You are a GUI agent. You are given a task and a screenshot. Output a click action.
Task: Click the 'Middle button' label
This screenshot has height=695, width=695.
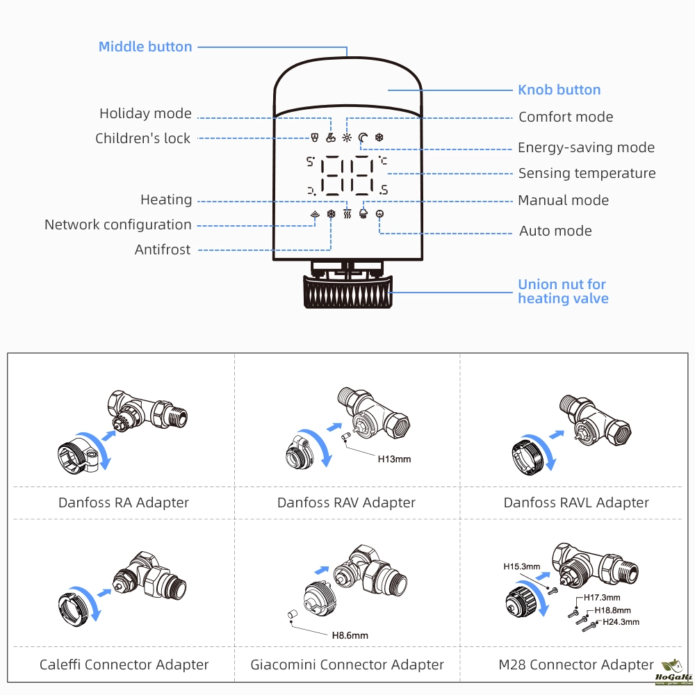pyautogui.click(x=145, y=47)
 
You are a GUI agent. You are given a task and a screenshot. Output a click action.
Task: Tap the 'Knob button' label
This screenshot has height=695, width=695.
pyautogui.click(x=559, y=90)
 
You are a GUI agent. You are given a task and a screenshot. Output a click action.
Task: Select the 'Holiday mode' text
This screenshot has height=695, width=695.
pyautogui.click(x=145, y=113)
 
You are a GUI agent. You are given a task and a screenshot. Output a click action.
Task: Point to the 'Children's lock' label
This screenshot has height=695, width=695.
pyautogui.click(x=142, y=138)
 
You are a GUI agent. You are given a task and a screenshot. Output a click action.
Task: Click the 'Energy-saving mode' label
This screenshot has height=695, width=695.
pyautogui.click(x=586, y=147)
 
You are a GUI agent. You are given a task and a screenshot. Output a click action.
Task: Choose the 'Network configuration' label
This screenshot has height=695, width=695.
pyautogui.click(x=117, y=224)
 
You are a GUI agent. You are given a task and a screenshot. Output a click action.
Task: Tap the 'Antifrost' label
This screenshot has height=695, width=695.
pyautogui.click(x=162, y=250)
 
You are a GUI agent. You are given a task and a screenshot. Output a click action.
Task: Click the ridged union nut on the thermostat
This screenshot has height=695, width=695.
pyautogui.click(x=347, y=292)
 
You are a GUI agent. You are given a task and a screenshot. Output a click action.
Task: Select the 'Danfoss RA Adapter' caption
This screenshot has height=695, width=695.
pyautogui.click(x=124, y=502)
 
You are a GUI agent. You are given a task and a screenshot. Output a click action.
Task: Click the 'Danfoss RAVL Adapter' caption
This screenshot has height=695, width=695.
pyautogui.click(x=576, y=502)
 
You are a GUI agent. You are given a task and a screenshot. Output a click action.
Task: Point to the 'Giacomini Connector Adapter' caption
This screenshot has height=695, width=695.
pyautogui.click(x=347, y=665)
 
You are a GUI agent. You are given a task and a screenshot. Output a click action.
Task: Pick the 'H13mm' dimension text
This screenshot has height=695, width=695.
pyautogui.click(x=394, y=459)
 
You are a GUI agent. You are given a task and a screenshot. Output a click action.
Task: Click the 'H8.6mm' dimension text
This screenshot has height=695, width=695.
pyautogui.click(x=350, y=635)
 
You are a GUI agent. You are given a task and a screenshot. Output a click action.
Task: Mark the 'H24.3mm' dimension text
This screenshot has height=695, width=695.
pyautogui.click(x=621, y=622)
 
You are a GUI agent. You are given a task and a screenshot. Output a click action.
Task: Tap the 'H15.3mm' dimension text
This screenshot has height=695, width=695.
pyautogui.click(x=522, y=566)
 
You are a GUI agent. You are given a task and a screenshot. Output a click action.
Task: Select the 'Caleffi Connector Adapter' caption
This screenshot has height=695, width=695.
pyautogui.click(x=124, y=665)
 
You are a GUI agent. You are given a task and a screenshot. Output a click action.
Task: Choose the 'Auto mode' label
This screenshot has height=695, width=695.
pyautogui.click(x=555, y=231)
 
